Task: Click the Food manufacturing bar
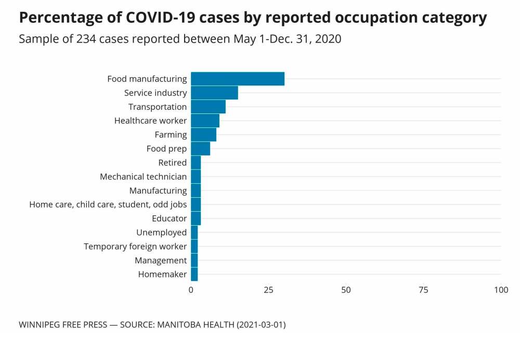click(238, 79)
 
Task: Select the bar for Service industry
click(214, 93)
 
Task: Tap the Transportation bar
click(208, 107)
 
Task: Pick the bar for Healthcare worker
click(205, 121)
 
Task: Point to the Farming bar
click(203, 135)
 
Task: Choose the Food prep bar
click(200, 149)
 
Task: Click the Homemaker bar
click(194, 274)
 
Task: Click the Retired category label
click(172, 163)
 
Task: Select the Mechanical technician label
click(143, 177)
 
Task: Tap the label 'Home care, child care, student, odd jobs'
click(108, 204)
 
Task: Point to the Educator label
click(169, 218)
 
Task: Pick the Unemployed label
click(161, 233)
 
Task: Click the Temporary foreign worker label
click(135, 247)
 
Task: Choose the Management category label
click(161, 260)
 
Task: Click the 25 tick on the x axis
click(268, 290)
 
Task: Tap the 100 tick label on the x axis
click(501, 290)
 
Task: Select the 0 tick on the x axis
click(191, 290)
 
